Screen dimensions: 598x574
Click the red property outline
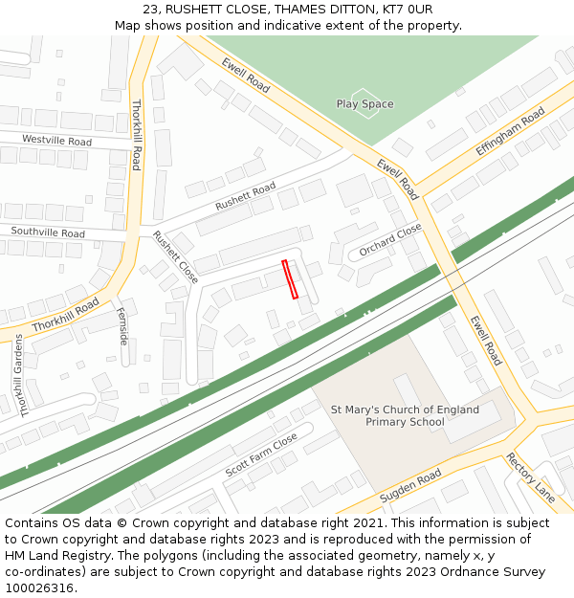coord(290,279)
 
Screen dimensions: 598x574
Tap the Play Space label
coord(364,103)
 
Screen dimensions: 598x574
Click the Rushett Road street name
coord(245,195)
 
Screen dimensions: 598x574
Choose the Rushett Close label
coord(175,258)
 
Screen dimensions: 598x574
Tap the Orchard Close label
coord(390,241)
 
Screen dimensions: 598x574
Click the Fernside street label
coord(122,326)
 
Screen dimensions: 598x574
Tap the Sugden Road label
coord(409,487)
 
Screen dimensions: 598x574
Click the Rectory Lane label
coord(530,476)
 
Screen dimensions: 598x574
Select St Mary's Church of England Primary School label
coord(405,415)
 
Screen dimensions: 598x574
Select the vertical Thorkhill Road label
coord(136,135)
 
